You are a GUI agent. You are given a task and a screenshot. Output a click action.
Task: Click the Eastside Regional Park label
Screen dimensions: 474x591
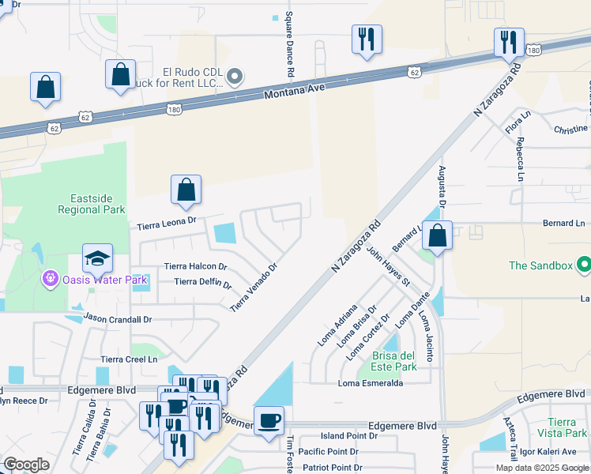(x=92, y=204)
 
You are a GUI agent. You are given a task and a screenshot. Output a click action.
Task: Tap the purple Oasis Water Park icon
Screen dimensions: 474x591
(x=51, y=279)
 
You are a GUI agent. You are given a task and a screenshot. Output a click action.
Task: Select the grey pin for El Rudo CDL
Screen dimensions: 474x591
(x=235, y=77)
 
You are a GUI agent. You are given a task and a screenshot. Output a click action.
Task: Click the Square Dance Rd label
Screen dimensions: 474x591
(x=290, y=44)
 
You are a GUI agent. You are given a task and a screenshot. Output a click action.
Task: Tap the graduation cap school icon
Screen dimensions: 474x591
(x=98, y=258)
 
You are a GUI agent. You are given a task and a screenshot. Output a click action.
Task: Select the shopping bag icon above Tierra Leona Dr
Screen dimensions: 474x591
(x=186, y=190)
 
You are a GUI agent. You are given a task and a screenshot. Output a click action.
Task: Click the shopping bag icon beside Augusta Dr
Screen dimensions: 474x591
(x=437, y=235)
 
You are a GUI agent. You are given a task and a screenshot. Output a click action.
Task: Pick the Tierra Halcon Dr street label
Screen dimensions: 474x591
(x=195, y=267)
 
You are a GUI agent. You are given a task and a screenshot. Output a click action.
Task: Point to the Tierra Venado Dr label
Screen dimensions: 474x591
(x=254, y=287)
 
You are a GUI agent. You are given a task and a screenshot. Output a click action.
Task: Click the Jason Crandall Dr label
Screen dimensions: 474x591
(x=117, y=319)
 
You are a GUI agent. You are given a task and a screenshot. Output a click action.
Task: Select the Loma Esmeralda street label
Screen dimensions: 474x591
(x=371, y=383)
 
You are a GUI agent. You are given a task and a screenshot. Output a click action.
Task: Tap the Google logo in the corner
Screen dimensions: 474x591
(x=26, y=465)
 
